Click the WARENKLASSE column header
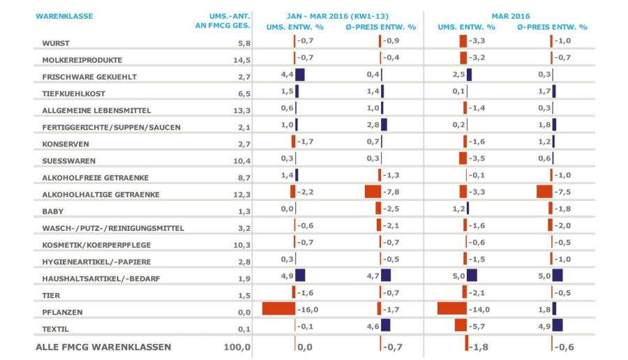tap(64, 16)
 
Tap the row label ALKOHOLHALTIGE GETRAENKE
tap(101, 195)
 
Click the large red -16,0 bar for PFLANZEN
tap(278, 308)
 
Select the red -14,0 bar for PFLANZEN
tap(451, 308)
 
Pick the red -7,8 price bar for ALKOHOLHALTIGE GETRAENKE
tap(373, 191)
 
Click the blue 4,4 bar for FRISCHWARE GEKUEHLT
tap(300, 74)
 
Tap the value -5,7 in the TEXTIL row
tap(477, 326)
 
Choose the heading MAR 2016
tap(510, 15)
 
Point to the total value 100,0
tap(237, 347)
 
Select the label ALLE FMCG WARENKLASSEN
tap(103, 347)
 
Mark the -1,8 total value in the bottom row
tap(479, 347)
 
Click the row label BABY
tap(53, 211)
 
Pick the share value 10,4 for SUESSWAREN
tap(239, 161)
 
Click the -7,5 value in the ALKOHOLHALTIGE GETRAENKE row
tap(563, 192)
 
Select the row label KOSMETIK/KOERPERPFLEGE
tap(96, 245)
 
